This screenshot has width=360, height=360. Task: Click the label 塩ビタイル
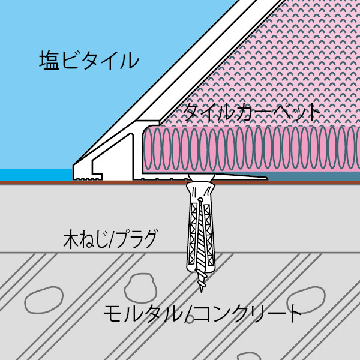pyautogui.click(x=89, y=61)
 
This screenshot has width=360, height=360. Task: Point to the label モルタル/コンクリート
pyautogui.click(x=203, y=313)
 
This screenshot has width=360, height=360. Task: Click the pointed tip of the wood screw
pyautogui.click(x=202, y=292)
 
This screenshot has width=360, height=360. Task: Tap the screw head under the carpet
pyautogui.click(x=202, y=177)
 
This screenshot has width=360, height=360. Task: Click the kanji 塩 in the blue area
pyautogui.click(x=49, y=61)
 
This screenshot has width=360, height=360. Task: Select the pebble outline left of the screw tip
pyautogui.click(x=140, y=288)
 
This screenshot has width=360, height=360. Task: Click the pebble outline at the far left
pyautogui.click(x=44, y=300)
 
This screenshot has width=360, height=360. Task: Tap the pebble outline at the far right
pyautogui.click(x=306, y=298)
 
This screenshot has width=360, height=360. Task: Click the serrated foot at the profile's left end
pyautogui.click(x=87, y=179)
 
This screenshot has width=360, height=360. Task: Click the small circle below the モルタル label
pyautogui.click(x=190, y=320)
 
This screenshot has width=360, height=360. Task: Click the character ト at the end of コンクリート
pyautogui.click(x=295, y=313)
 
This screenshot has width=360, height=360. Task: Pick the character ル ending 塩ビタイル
pyautogui.click(x=130, y=61)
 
